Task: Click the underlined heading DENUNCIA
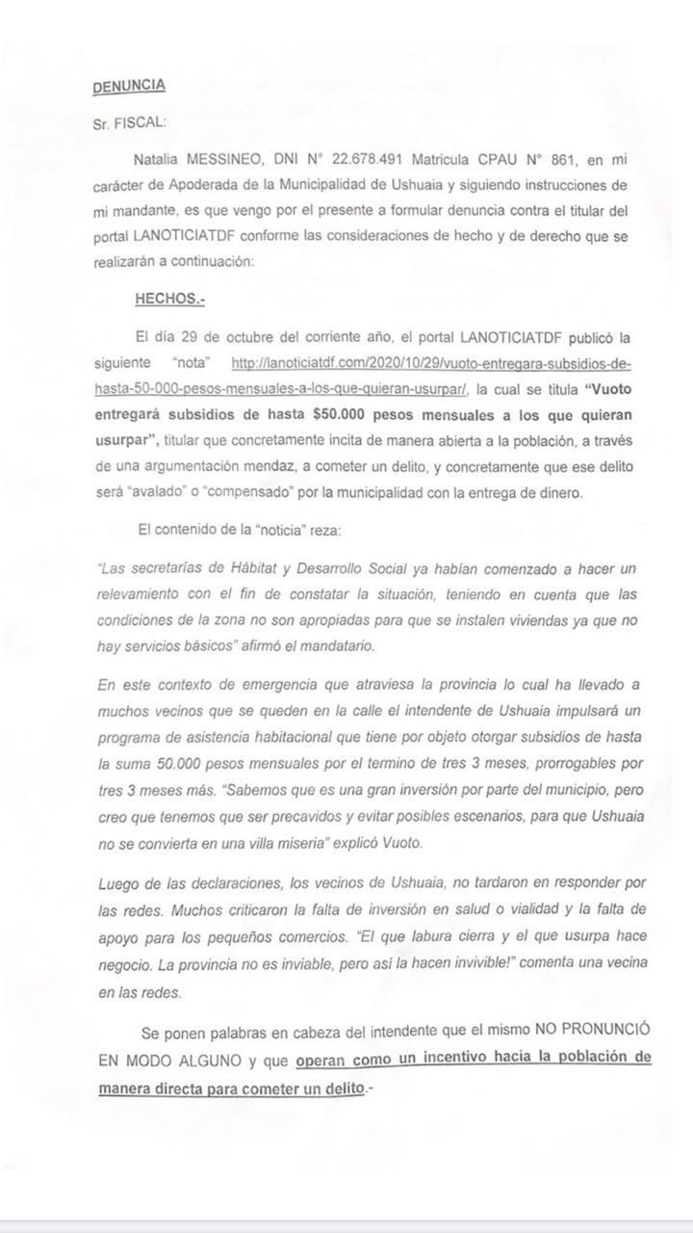click(x=129, y=87)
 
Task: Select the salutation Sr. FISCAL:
click(x=130, y=122)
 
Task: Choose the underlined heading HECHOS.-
click(x=169, y=300)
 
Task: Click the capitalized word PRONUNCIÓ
click(x=601, y=1033)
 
